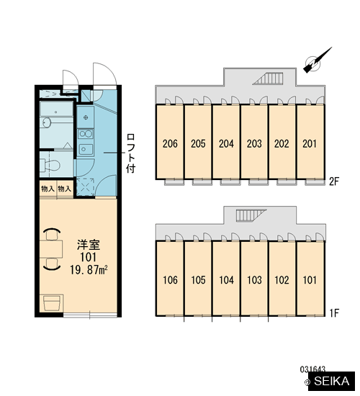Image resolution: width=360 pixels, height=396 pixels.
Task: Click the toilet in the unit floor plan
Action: [x=50, y=164]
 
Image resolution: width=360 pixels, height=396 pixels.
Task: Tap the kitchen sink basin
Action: [x=86, y=149]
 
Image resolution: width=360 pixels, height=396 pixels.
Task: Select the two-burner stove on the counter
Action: [x=86, y=134]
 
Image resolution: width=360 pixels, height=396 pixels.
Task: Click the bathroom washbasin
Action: [x=46, y=122]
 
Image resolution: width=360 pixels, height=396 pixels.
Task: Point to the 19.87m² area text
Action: [x=89, y=270]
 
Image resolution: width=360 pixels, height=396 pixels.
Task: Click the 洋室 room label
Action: [x=89, y=245]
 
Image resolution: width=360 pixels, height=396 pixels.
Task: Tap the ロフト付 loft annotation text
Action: [x=130, y=153]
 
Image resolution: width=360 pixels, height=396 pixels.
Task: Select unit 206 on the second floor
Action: [x=170, y=143]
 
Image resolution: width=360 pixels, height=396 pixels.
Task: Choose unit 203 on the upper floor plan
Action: [x=254, y=143]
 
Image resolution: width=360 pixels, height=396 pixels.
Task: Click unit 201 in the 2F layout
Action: [x=310, y=143]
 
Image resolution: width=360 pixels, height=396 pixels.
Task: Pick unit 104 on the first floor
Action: [x=226, y=280]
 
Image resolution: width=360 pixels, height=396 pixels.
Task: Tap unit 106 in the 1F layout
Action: [x=170, y=280]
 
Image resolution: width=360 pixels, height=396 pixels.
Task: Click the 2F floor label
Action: [x=334, y=181]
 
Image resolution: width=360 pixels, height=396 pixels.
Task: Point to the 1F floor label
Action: [x=334, y=313]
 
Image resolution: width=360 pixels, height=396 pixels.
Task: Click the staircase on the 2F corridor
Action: [x=268, y=78]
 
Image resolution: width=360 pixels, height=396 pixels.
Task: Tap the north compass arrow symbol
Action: [x=317, y=60]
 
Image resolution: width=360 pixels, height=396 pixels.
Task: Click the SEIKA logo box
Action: [x=331, y=381]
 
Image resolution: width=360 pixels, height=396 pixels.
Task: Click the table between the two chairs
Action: [x=51, y=249]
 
